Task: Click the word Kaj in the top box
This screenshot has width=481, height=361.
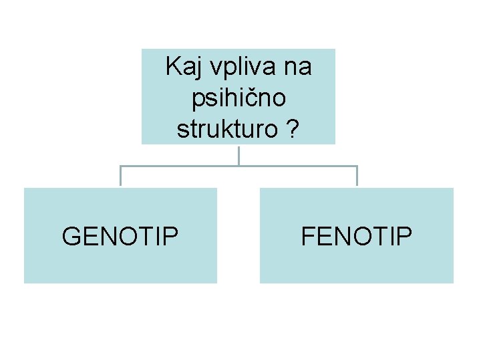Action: point(182,67)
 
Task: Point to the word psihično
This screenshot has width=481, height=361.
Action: point(238,99)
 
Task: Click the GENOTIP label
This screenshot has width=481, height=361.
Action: point(120,236)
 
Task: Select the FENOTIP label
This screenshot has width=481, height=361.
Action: point(357,236)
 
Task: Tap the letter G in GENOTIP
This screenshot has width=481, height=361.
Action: point(71,236)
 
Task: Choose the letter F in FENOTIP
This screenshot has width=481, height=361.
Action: point(308,236)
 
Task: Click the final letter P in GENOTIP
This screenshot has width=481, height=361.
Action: point(172,236)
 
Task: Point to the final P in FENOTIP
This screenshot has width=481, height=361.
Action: point(406,236)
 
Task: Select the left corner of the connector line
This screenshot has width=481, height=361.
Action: point(120,166)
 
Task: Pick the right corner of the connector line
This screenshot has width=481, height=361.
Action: point(357,166)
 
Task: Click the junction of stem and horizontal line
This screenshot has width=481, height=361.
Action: point(238,165)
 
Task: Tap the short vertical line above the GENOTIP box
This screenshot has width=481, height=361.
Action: point(120,176)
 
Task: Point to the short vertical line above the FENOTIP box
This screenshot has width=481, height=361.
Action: point(357,176)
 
